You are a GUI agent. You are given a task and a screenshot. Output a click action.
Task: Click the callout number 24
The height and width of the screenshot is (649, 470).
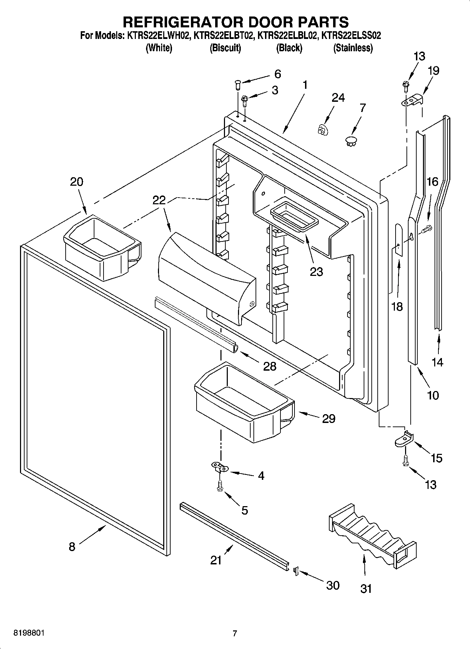tap(338, 98)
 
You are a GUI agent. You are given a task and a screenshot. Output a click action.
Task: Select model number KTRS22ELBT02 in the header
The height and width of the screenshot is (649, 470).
tap(223, 35)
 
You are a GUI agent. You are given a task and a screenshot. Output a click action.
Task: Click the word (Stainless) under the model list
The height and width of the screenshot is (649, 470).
tap(353, 48)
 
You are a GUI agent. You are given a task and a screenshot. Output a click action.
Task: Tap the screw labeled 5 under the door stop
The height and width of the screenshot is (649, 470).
tap(220, 488)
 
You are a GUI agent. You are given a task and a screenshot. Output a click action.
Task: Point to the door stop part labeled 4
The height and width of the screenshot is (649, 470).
tap(220, 466)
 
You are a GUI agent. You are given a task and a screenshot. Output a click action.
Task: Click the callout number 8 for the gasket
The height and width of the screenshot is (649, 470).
tap(72, 547)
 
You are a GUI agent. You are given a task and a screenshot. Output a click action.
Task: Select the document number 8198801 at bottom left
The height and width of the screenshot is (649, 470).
tap(29, 633)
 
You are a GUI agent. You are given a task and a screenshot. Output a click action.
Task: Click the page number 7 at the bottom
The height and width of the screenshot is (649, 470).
tap(235, 633)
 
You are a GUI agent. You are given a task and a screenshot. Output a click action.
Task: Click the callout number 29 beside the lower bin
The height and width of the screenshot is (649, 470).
tap(329, 418)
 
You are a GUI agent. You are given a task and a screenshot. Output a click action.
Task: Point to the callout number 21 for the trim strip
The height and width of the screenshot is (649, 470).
tap(216, 560)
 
